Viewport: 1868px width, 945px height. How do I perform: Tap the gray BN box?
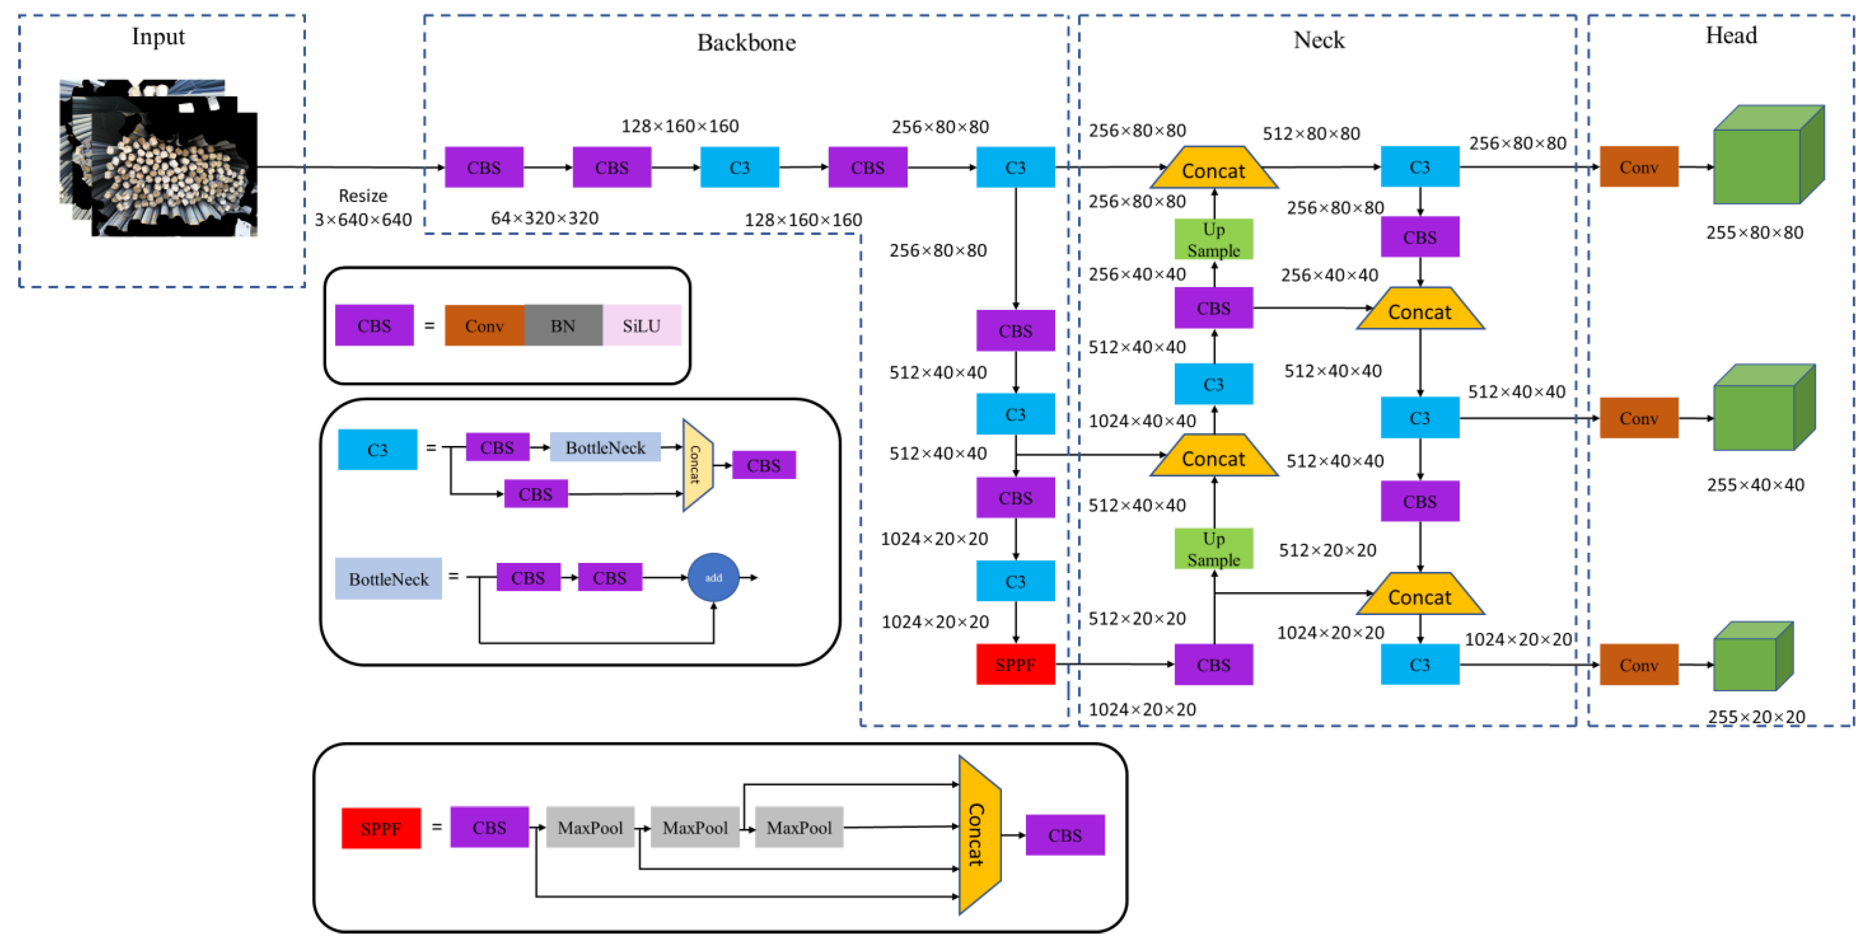[563, 325]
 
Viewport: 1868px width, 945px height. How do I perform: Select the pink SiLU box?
[641, 325]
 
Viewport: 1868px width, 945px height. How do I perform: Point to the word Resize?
[363, 196]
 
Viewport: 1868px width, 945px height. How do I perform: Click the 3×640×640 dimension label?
[363, 219]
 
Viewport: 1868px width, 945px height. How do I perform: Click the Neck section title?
[1318, 40]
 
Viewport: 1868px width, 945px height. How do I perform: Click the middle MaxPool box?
[694, 828]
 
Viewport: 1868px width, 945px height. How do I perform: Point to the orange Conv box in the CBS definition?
[484, 325]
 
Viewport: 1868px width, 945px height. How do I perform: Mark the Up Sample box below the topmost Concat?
[1213, 239]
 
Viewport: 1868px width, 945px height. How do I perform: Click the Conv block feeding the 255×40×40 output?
[1638, 418]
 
